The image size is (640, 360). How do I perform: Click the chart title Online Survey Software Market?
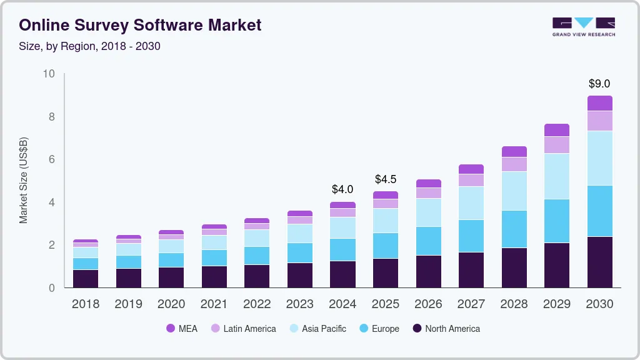(x=140, y=25)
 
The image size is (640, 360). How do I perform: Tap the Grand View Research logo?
(x=584, y=26)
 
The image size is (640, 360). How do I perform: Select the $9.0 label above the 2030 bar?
(x=599, y=84)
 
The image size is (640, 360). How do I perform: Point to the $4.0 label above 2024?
(x=342, y=189)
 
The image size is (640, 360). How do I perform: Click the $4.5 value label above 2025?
(x=386, y=179)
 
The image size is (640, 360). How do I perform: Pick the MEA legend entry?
(x=182, y=328)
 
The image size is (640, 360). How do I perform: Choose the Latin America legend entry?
(x=243, y=328)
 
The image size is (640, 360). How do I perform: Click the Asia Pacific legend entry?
(x=317, y=328)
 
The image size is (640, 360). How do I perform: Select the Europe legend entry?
(x=379, y=328)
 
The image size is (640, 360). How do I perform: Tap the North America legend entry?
(x=446, y=328)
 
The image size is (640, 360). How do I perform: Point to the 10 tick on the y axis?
(x=49, y=74)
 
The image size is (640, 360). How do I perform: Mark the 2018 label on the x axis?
(x=85, y=304)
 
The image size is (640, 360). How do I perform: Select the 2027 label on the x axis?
(x=471, y=304)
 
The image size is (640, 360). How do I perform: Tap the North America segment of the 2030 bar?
(x=600, y=262)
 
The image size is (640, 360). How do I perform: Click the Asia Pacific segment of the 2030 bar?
(x=600, y=158)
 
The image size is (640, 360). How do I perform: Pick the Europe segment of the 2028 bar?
(x=514, y=229)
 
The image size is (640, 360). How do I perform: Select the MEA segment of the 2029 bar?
(x=557, y=130)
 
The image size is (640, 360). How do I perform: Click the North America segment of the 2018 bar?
(x=85, y=279)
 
